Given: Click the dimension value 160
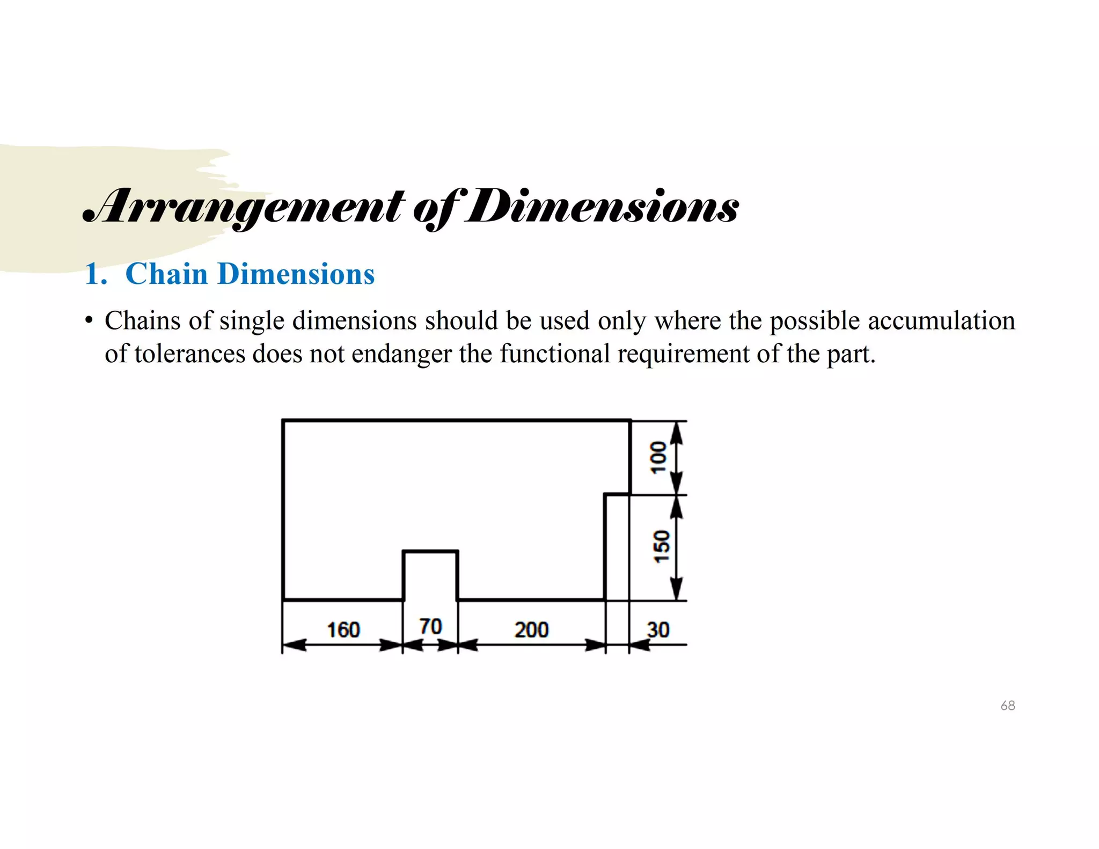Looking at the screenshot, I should point(343,630).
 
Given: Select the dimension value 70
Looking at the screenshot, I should point(430,626).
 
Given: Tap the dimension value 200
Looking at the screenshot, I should point(531,630).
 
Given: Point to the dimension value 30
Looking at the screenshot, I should point(658,630).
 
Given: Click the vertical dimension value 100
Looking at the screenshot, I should point(658,457).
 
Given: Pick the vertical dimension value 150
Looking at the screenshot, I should point(662,546).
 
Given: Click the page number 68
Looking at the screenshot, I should point(1008,706).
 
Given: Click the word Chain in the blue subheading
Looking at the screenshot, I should point(166,274).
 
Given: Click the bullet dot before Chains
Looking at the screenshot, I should point(89,321).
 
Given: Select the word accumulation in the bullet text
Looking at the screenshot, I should point(941,321).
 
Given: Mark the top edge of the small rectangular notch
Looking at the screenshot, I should point(430,551).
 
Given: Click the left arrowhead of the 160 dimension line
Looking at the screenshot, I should point(294,645).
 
